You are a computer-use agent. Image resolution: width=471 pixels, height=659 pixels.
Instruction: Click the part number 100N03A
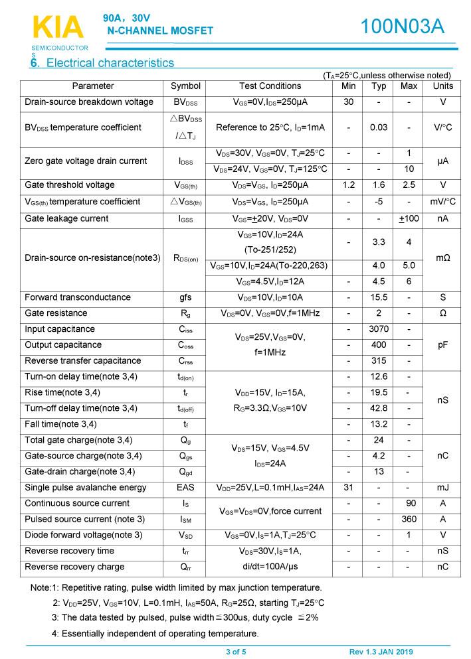[402, 27]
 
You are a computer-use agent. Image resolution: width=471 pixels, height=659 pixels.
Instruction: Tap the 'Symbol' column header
[185, 86]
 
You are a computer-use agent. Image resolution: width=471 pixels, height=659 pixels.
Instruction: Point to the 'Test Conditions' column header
[270, 86]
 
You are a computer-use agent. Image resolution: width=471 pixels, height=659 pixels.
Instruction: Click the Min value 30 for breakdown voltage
[349, 102]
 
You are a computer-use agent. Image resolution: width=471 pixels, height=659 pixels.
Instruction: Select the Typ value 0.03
[379, 127]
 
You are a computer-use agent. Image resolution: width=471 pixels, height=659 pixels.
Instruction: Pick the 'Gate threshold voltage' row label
[70, 185]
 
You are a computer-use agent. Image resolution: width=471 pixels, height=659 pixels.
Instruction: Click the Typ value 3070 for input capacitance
[379, 329]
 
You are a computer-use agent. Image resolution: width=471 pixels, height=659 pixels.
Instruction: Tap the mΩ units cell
[442, 257]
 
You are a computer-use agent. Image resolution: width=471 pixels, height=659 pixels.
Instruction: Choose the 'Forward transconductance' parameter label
[78, 297]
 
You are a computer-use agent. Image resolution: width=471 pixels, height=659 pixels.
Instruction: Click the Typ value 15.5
[379, 297]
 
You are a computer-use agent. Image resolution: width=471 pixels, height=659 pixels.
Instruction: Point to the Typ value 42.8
[379, 408]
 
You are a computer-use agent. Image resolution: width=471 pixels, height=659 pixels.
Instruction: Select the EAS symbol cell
[185, 488]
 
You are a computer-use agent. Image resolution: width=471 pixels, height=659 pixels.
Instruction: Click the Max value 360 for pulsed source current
[409, 519]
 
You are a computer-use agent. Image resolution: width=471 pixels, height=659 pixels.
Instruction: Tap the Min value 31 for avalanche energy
[349, 488]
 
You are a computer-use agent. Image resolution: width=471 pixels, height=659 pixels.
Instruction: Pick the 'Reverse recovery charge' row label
[74, 567]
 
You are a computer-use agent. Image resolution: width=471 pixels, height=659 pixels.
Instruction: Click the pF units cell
[442, 345]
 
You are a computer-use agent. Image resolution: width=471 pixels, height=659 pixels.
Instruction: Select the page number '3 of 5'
[236, 652]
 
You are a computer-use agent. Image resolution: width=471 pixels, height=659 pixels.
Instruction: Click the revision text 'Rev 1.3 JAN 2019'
[381, 652]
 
